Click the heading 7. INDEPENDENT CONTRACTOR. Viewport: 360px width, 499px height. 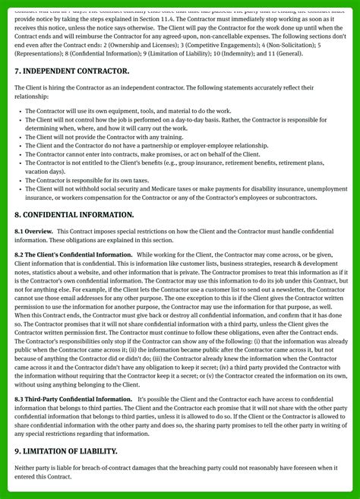(72, 71)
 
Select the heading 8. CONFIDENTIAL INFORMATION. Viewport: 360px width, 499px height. (74, 215)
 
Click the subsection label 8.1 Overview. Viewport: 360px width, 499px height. (33, 231)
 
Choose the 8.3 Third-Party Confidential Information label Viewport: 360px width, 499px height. (74, 399)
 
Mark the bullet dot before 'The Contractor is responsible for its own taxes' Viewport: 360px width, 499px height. (19, 180)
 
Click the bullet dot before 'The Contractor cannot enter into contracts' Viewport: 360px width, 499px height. (19, 153)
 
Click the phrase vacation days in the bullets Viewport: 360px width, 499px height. (43, 172)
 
